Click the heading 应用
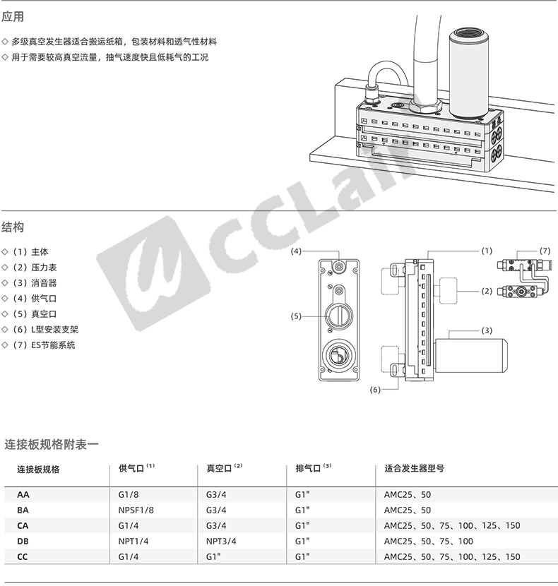click(x=13, y=17)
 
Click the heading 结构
click(x=13, y=227)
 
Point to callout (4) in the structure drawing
click(x=296, y=251)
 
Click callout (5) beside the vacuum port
click(x=296, y=316)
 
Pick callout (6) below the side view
click(x=375, y=390)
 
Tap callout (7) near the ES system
click(x=545, y=251)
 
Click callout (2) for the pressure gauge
click(x=487, y=291)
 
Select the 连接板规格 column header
click(x=39, y=470)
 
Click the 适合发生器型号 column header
click(x=415, y=468)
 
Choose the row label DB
click(x=23, y=541)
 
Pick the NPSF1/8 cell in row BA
click(x=136, y=510)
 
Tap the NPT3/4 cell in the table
click(x=221, y=541)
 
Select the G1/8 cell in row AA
click(x=129, y=494)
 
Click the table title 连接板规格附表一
click(x=52, y=444)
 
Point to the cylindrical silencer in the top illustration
click(x=469, y=73)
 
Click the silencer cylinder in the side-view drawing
click(x=472, y=356)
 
